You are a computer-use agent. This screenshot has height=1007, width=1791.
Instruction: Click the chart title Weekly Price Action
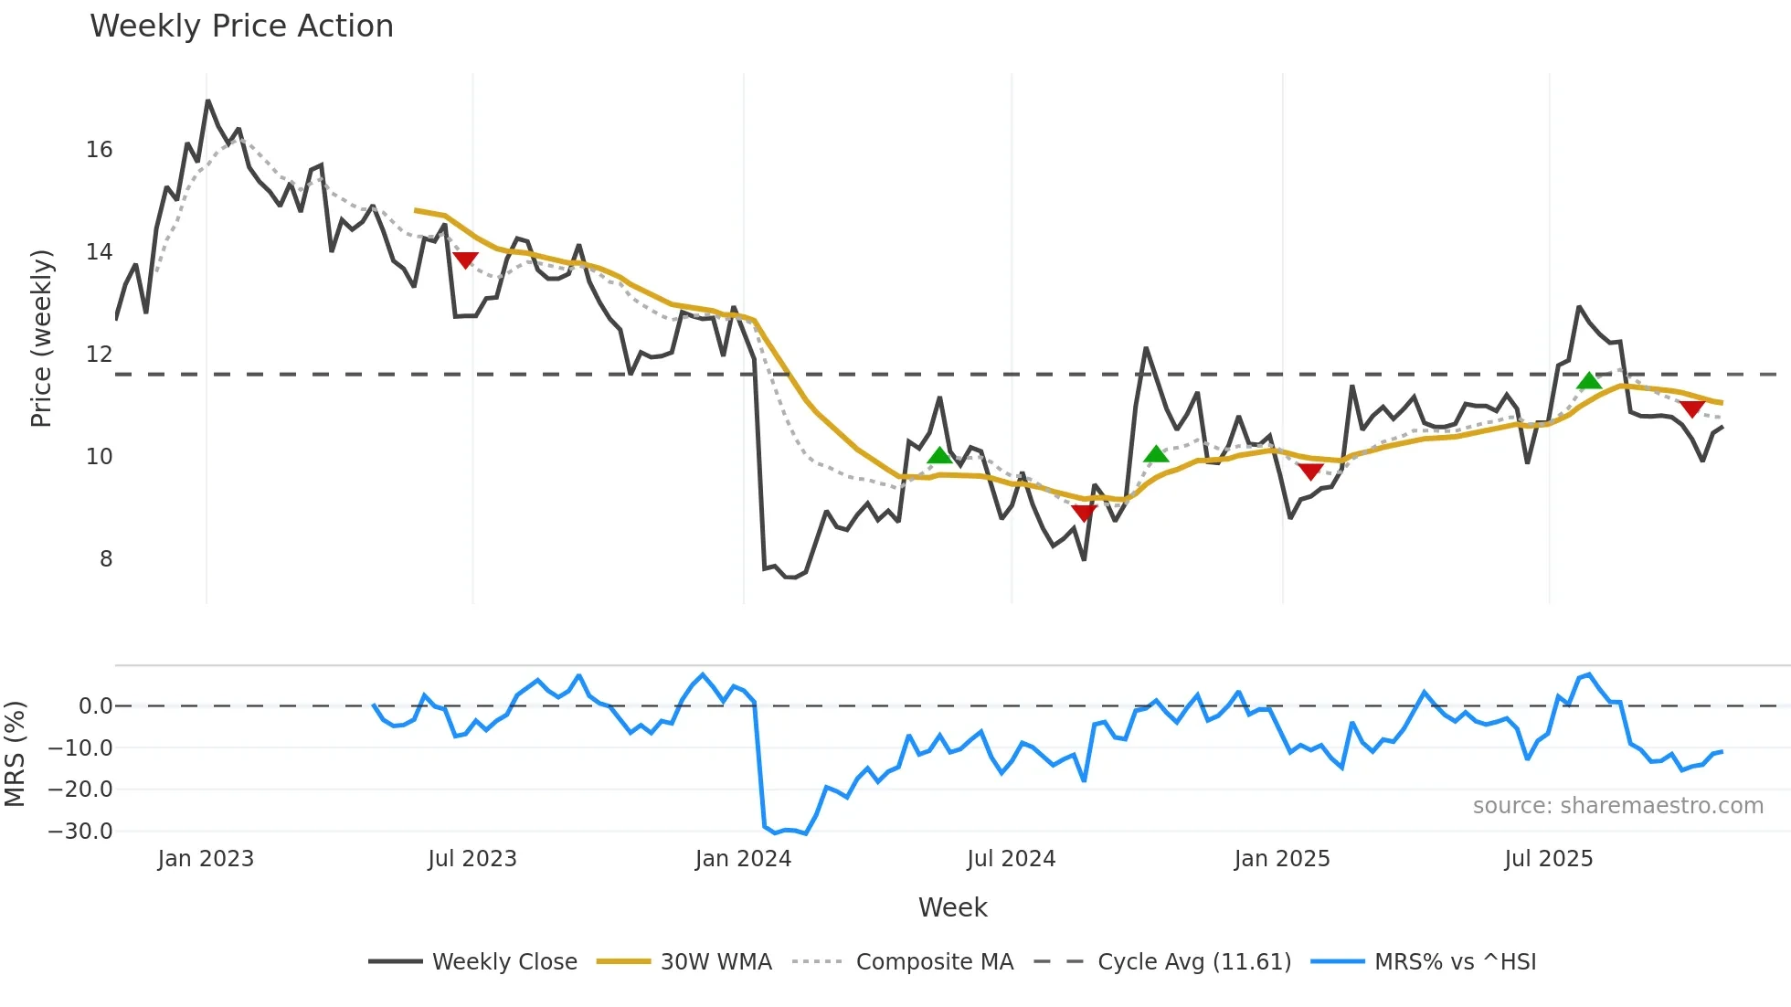(241, 26)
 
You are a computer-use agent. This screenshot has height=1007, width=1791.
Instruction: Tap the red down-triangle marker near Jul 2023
(465, 260)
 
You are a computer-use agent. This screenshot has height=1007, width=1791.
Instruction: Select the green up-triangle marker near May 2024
(939, 455)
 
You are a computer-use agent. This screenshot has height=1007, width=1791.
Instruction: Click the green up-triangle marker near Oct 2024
(1156, 454)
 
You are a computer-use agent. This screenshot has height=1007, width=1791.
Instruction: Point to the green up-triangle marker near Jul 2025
(1589, 380)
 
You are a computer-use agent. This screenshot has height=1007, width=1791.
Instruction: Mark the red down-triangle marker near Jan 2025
(1310, 472)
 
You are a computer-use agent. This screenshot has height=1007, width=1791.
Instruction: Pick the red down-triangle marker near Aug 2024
(1084, 514)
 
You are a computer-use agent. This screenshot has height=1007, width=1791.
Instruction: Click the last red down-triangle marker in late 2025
(1691, 408)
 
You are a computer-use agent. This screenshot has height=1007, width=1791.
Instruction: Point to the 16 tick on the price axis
(100, 150)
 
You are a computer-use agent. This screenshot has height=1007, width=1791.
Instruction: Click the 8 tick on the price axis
(106, 559)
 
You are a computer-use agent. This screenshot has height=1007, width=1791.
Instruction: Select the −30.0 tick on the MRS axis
(80, 832)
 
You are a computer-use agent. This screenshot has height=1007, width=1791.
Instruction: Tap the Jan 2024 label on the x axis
(743, 859)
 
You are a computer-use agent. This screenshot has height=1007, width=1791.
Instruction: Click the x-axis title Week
(952, 907)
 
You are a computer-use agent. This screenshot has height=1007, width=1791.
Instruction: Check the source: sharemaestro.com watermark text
(1617, 806)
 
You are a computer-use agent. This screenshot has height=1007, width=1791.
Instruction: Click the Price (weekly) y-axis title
(41, 338)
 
